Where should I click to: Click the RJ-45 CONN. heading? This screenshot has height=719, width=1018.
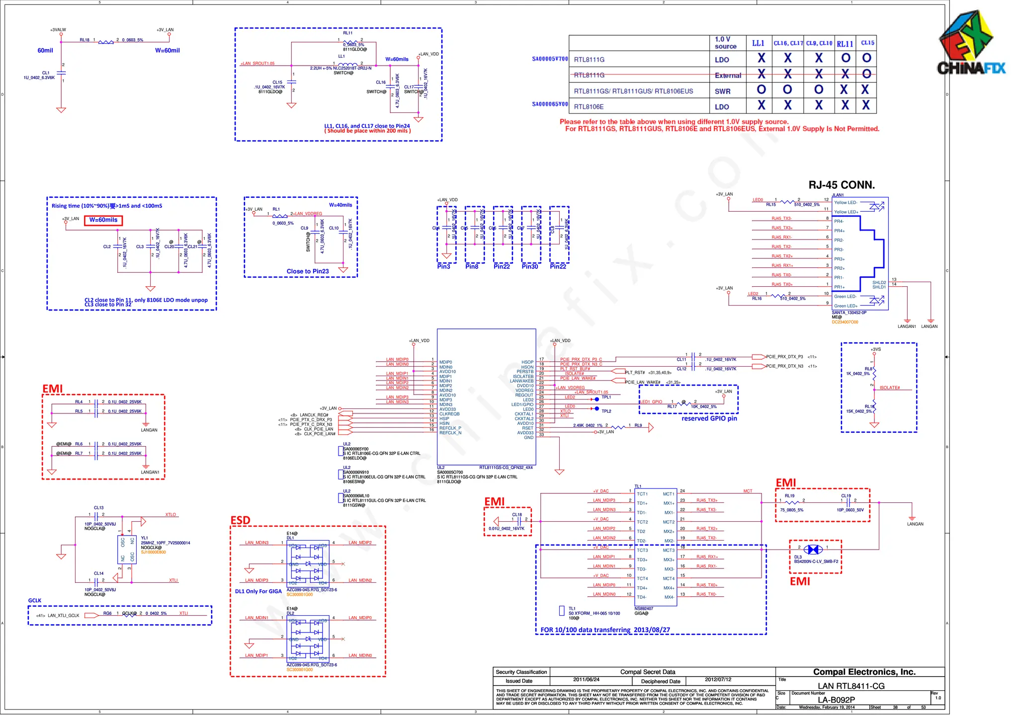point(841,185)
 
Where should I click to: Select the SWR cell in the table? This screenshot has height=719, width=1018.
point(722,91)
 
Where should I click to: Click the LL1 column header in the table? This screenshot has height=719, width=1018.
point(758,43)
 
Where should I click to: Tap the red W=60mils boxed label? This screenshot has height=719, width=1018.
point(103,220)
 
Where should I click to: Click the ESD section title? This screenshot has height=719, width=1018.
point(240,520)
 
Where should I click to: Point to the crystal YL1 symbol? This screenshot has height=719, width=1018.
point(127,549)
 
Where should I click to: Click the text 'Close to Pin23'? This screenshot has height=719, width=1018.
point(308,271)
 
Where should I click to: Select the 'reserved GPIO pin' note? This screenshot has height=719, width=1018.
point(709,418)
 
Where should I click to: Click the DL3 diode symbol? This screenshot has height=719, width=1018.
point(813,550)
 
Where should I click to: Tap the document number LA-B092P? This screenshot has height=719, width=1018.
point(836,700)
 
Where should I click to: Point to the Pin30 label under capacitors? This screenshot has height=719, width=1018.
point(530,267)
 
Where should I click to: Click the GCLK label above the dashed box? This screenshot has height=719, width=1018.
point(35,601)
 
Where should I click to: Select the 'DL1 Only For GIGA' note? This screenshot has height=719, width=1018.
point(258,591)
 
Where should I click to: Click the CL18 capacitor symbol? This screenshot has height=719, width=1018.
point(519,521)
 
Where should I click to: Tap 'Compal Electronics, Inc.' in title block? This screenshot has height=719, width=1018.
point(864,672)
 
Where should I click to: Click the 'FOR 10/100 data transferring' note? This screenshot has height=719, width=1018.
point(605,630)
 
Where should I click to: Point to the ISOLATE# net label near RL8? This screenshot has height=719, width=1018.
point(889,388)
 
